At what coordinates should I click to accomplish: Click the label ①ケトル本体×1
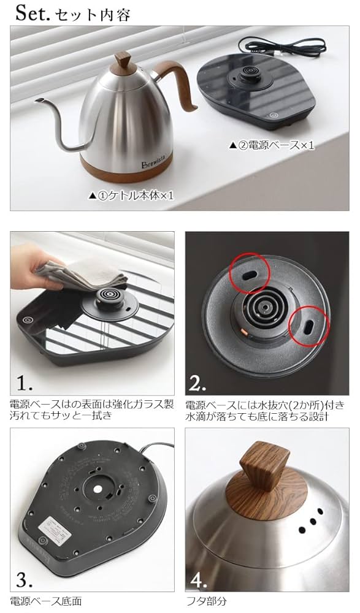coord(131,195)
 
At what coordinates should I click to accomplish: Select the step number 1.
coord(25,383)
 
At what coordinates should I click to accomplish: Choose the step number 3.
coord(25,579)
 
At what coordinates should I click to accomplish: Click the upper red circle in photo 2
coord(248,272)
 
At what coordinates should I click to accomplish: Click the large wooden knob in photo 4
coord(264,471)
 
